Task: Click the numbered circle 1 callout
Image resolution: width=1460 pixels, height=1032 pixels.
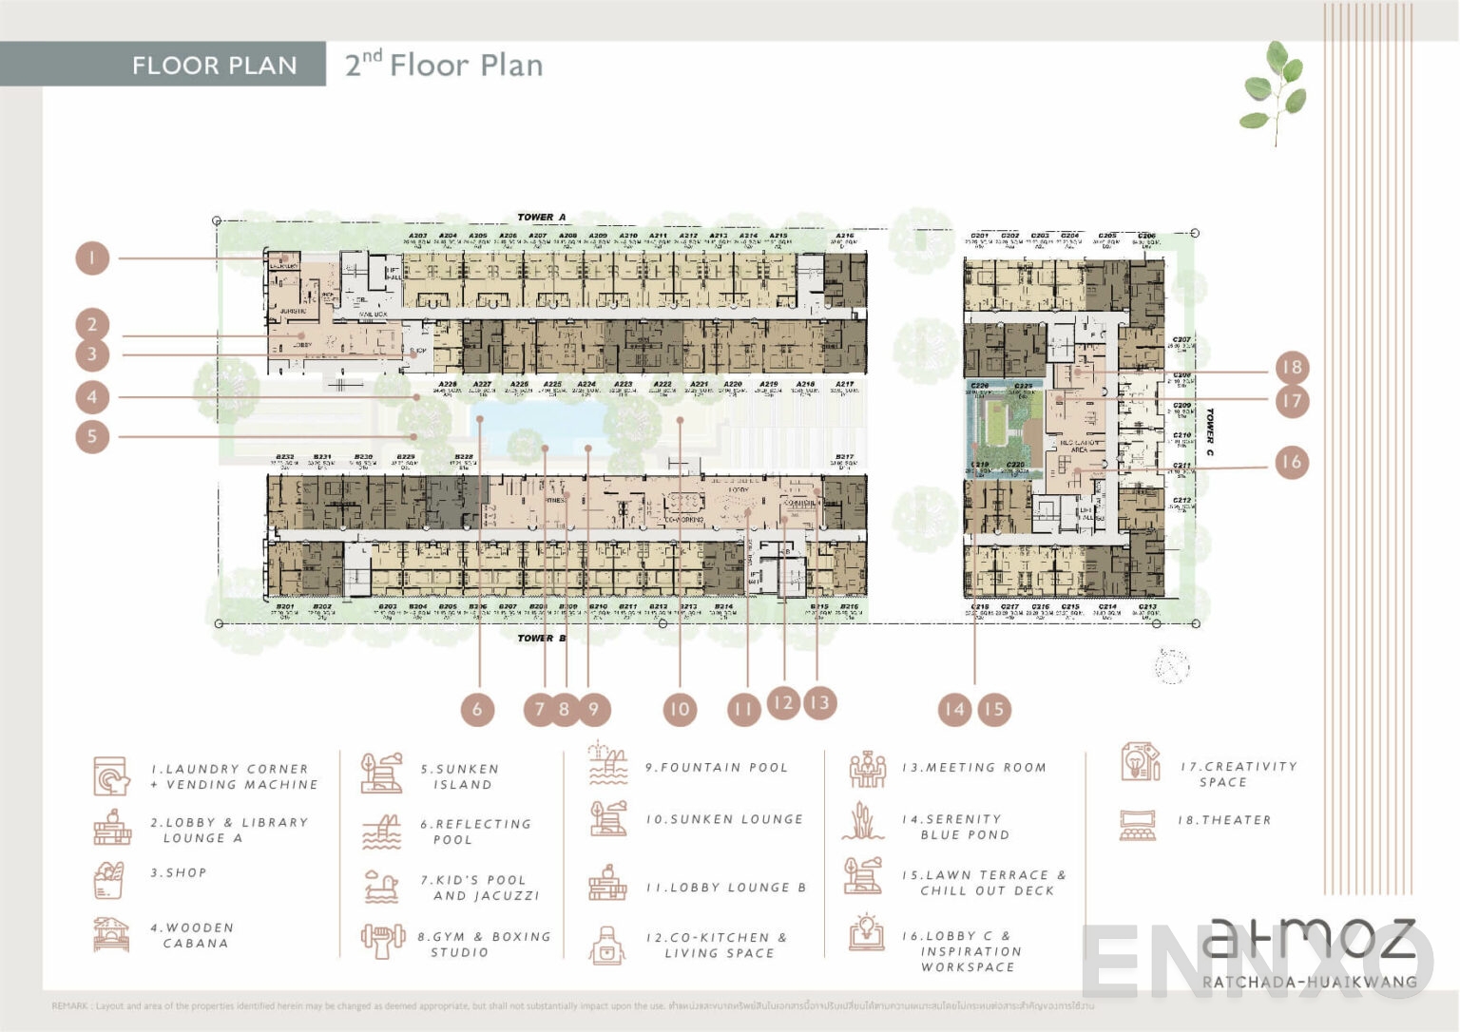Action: (92, 258)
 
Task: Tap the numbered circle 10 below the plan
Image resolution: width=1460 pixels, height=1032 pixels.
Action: (679, 709)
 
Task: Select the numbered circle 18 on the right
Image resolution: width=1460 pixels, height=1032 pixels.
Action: (1291, 367)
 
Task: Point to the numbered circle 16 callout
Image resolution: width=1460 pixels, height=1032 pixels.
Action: (1291, 462)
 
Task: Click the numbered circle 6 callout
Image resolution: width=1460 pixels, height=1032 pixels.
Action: (477, 709)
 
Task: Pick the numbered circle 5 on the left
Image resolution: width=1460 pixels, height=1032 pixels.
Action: (92, 437)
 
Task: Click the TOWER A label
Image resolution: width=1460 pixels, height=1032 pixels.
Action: (541, 218)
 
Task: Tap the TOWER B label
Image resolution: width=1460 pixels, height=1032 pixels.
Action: (541, 638)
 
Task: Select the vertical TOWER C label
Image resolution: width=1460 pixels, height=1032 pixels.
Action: (1209, 432)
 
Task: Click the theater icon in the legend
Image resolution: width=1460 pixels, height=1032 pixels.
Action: (1138, 824)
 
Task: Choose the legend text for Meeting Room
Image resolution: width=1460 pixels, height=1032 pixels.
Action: (973, 768)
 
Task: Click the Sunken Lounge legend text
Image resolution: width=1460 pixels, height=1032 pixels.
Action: (724, 819)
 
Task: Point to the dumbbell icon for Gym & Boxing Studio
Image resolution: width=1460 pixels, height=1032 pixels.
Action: (381, 941)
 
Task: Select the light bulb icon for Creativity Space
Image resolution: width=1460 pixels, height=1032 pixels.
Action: (1140, 762)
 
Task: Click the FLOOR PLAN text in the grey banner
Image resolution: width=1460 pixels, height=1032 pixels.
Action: (214, 66)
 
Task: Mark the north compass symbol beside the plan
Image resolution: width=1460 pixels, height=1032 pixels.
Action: (1172, 665)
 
